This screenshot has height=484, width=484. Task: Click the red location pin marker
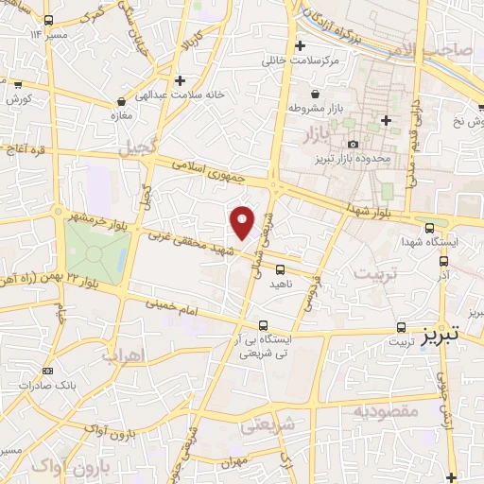point(243,222)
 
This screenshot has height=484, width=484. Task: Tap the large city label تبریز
point(441,335)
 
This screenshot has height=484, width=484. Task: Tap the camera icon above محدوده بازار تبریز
point(353,144)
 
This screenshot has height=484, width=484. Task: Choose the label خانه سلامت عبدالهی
point(180,95)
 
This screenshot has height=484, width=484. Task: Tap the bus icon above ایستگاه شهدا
point(430,227)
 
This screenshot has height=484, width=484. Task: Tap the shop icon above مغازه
point(121,101)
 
